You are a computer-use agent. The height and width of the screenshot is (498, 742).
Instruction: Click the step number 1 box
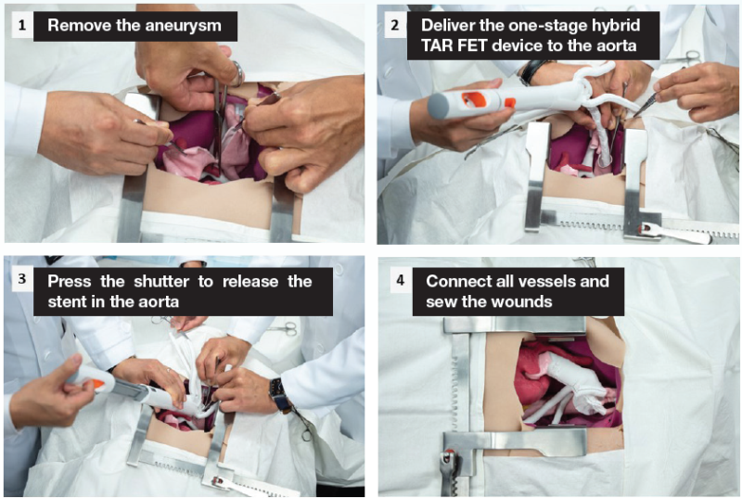(22, 25)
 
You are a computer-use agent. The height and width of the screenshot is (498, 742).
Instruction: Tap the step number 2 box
(395, 25)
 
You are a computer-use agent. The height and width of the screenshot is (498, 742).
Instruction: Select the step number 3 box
(22, 279)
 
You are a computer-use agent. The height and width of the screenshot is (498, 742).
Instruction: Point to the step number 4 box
(401, 280)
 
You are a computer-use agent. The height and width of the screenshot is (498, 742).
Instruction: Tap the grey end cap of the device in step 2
(438, 106)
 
